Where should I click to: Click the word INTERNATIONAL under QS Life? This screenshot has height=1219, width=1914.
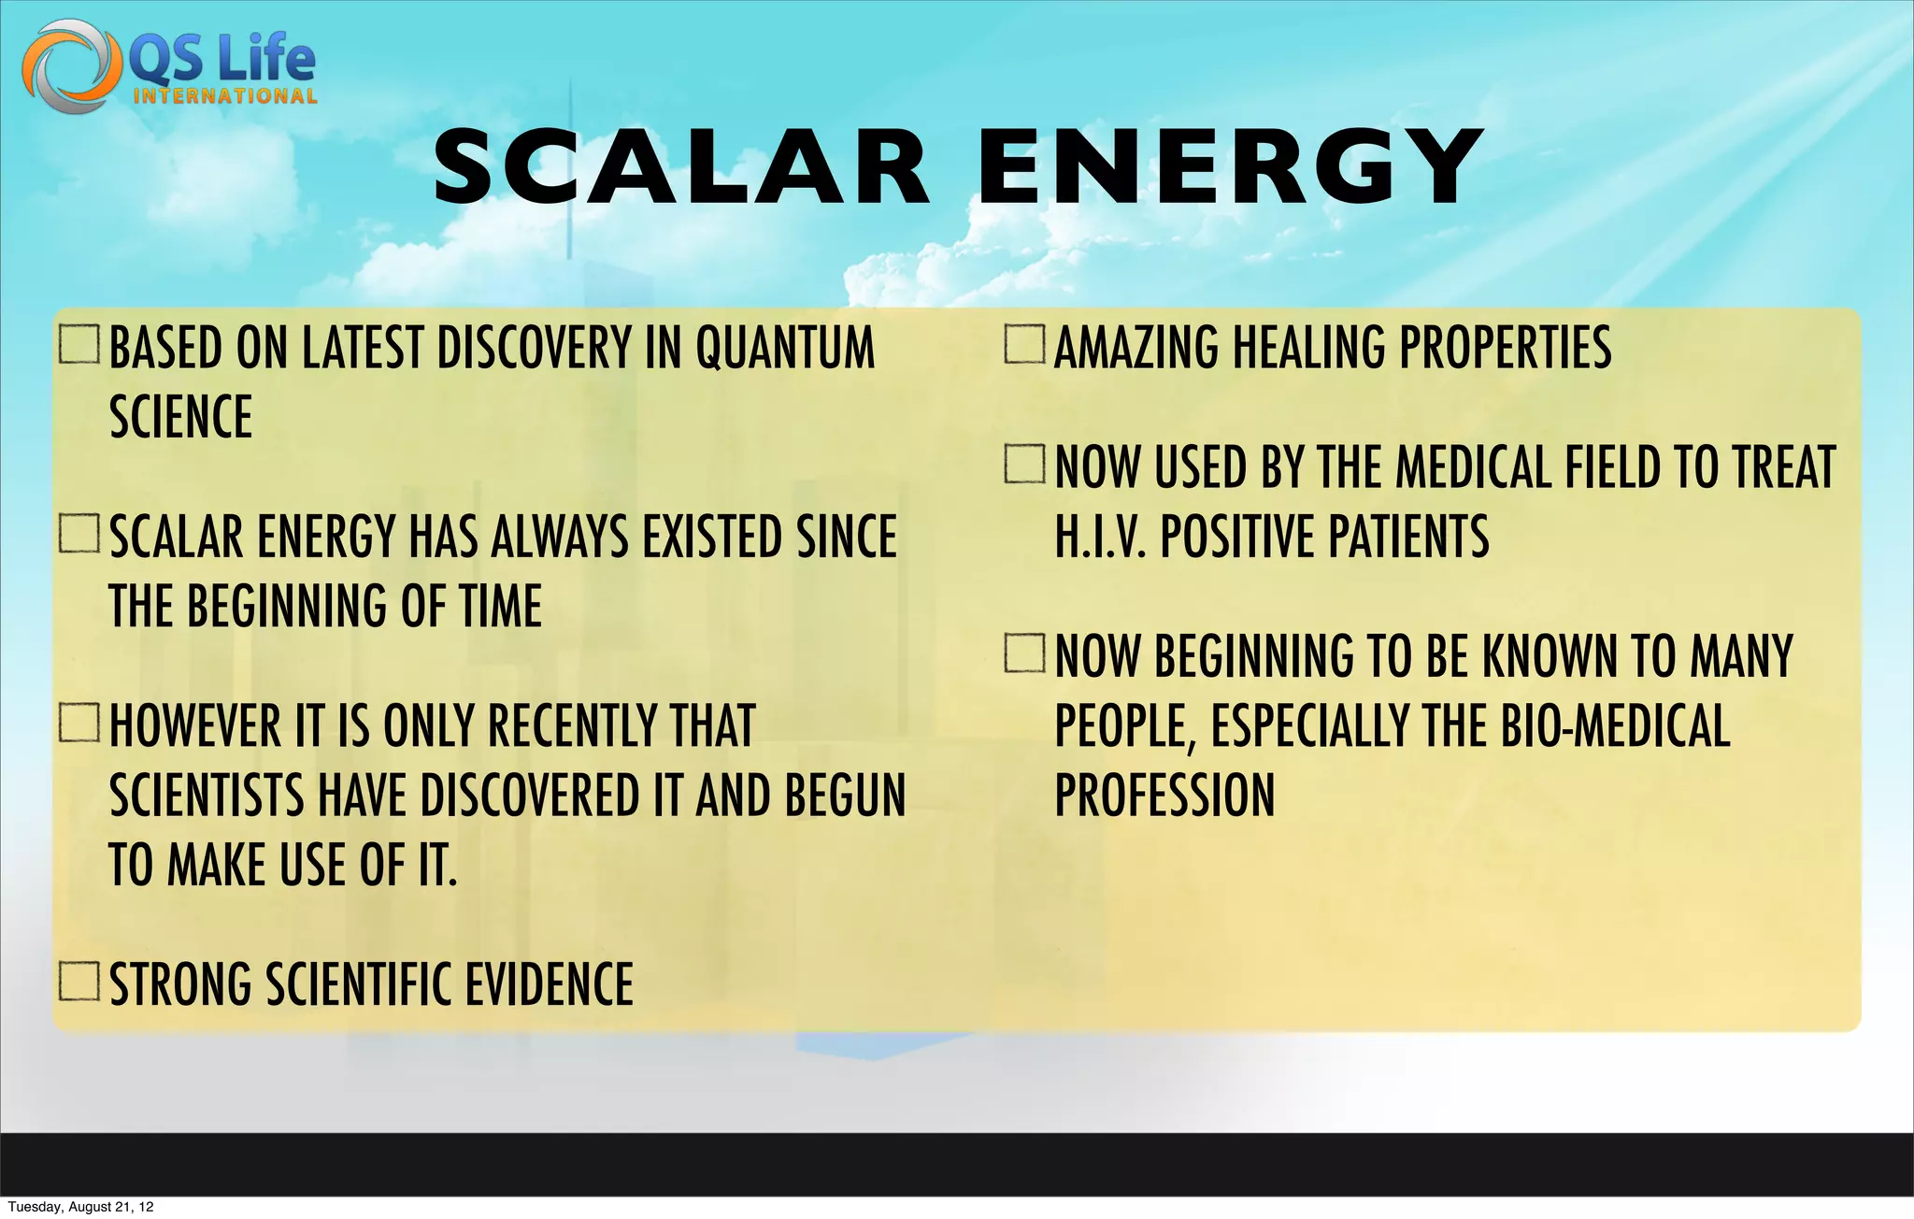coord(225,96)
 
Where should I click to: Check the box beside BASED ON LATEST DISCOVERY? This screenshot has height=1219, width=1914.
coord(79,344)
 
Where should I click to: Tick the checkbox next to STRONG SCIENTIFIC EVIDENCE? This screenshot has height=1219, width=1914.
coord(79,982)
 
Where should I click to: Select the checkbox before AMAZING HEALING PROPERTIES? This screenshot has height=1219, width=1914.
coord(1024,344)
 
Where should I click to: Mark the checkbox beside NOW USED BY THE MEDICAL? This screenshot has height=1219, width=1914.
coord(1024,465)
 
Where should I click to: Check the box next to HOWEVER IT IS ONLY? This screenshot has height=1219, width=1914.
coord(79,723)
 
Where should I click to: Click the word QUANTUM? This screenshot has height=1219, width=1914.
coord(785,348)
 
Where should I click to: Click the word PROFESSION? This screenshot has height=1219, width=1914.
coord(1164,795)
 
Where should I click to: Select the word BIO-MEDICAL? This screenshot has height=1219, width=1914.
coord(1615,726)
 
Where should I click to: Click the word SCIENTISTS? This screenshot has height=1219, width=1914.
coord(207,796)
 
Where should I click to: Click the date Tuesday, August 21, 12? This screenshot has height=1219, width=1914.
coord(80,1207)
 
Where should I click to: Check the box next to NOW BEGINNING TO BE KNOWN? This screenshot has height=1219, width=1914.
coord(1024,653)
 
